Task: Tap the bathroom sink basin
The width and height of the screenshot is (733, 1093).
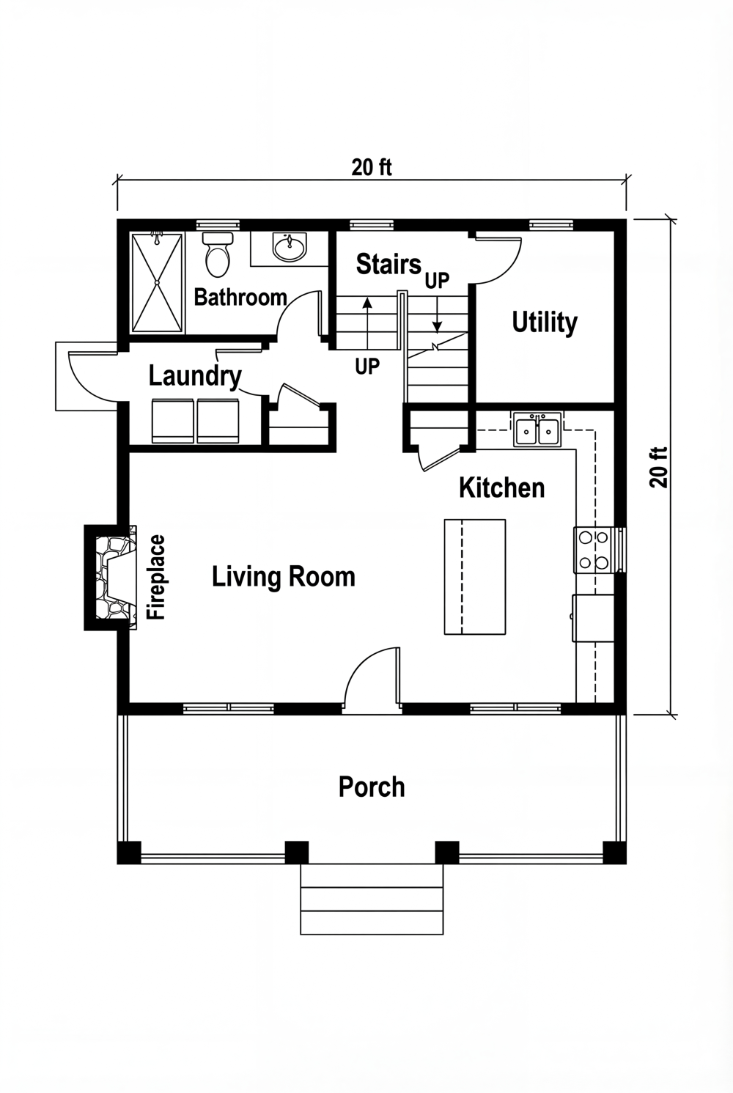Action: click(x=290, y=247)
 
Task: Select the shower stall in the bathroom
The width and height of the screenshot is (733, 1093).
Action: click(x=158, y=282)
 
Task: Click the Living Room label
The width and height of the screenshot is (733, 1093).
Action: click(x=284, y=577)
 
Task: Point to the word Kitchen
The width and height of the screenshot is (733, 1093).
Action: click(x=501, y=488)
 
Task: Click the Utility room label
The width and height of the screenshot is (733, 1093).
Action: click(x=544, y=323)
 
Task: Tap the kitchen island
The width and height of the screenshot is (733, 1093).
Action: click(x=474, y=576)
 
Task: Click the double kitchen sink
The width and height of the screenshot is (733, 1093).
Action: click(x=537, y=430)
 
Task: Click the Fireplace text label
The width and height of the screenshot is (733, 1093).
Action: click(x=157, y=578)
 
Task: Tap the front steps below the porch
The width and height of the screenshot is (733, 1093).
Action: click(x=372, y=899)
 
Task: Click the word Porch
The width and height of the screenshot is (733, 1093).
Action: click(x=372, y=787)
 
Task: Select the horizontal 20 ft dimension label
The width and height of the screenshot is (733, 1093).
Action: click(x=372, y=168)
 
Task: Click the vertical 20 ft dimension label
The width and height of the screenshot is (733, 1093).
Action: click(x=659, y=467)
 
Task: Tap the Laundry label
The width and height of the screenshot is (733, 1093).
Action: click(x=195, y=376)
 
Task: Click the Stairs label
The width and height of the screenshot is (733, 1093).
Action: click(x=388, y=264)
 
